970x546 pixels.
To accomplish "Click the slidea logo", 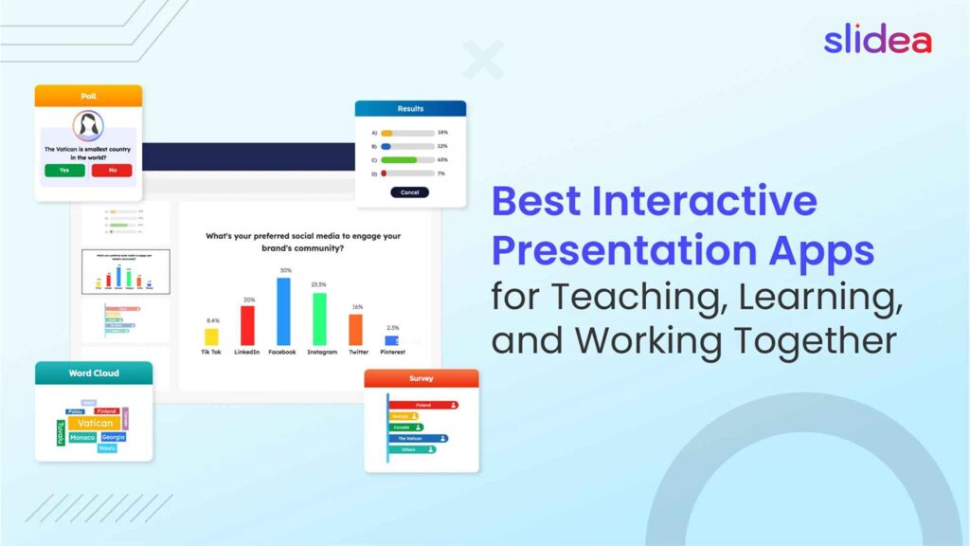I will (x=877, y=40).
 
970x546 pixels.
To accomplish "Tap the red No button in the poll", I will (x=112, y=171).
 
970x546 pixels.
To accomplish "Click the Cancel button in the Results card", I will (x=409, y=191).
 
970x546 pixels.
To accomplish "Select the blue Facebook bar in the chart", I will (x=283, y=311).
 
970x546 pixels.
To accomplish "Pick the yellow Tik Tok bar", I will (x=211, y=336).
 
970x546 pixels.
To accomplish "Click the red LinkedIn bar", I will (x=247, y=325).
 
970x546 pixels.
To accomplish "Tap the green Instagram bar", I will (x=319, y=318).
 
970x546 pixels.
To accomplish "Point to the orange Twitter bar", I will (x=355, y=329).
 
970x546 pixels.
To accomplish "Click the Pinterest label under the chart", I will (x=392, y=352).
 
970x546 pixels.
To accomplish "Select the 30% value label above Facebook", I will (x=283, y=271).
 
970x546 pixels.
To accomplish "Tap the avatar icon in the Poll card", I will (x=88, y=125).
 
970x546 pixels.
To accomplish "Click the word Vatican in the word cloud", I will (x=95, y=423).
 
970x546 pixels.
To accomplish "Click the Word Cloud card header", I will (x=93, y=373).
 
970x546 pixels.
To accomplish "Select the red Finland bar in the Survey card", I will (x=423, y=405).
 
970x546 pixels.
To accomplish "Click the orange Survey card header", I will (x=422, y=378).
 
